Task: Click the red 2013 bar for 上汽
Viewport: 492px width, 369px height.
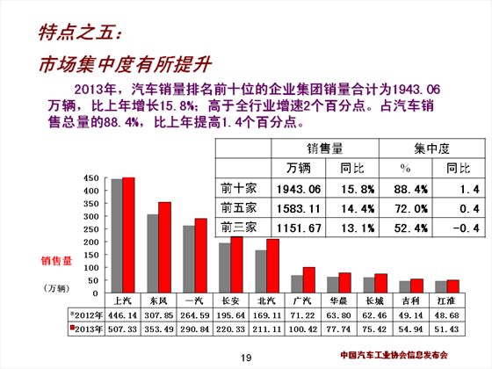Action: click(128, 235)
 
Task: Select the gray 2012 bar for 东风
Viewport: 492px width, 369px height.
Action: click(153, 254)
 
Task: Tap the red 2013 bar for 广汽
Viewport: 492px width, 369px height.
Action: click(309, 280)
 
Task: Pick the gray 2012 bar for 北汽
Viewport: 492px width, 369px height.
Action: click(261, 271)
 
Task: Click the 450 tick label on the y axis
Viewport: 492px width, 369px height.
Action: click(91, 178)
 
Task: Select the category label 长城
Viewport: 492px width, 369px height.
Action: click(374, 300)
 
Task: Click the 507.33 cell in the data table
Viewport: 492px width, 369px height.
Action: click(123, 329)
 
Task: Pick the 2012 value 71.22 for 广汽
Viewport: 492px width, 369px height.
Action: click(303, 315)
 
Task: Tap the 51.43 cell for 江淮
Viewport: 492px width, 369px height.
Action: click(446, 329)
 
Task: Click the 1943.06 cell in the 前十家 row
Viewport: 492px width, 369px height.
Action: click(299, 189)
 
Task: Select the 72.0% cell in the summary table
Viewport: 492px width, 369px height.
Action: click(411, 209)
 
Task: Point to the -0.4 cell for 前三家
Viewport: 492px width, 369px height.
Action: click(466, 228)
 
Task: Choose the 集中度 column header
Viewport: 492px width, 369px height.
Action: click(431, 148)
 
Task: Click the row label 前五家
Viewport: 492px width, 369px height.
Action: click(238, 207)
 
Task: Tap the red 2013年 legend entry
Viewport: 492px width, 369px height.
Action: click(86, 329)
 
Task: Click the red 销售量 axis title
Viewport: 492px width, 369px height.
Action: click(56, 261)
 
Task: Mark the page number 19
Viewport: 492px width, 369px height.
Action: click(246, 358)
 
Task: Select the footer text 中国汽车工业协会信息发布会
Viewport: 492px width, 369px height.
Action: click(394, 355)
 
